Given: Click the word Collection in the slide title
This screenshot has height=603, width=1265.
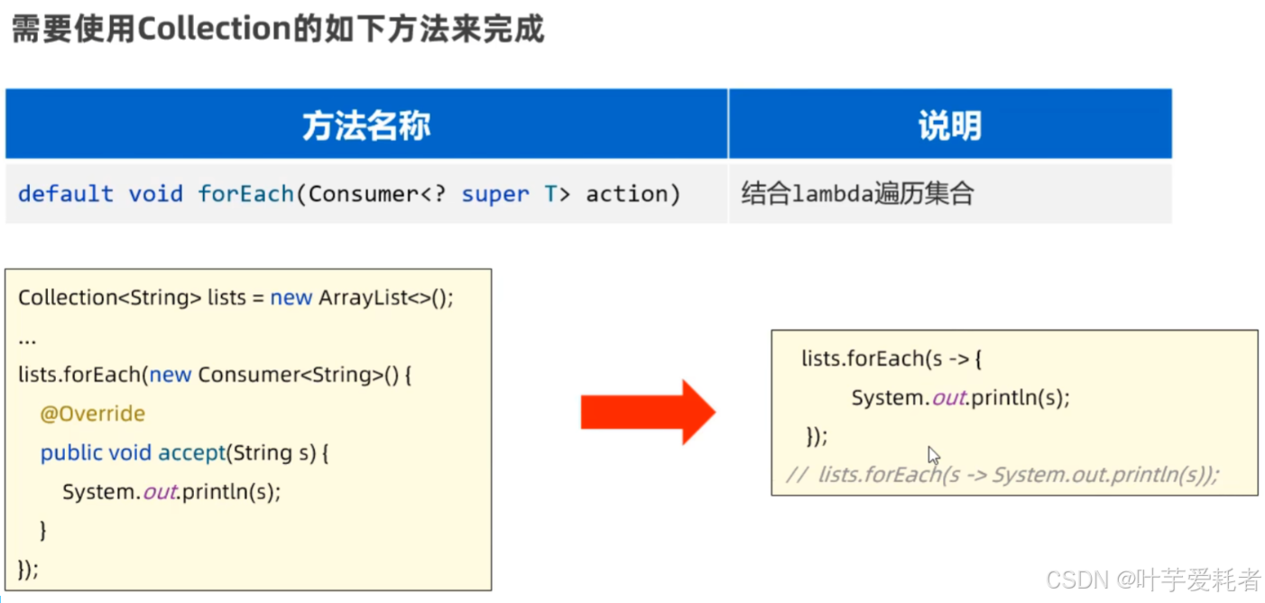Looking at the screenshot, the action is (x=215, y=28).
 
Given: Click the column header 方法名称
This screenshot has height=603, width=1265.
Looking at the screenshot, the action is (x=366, y=125).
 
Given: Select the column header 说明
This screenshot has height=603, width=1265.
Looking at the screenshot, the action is (x=950, y=125).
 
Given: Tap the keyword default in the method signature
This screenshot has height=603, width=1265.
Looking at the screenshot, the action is (x=66, y=194).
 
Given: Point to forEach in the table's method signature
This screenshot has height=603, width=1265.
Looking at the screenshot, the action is (x=245, y=194).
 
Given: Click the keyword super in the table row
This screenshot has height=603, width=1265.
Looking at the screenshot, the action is (x=495, y=194).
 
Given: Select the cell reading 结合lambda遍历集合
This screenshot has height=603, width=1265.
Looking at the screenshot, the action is (x=857, y=193).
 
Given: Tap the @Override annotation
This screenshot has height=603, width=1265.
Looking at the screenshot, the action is (x=93, y=413).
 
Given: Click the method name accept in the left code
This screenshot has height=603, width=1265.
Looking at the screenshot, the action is (x=191, y=452).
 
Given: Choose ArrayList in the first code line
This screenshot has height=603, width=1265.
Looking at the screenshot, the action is (x=363, y=297).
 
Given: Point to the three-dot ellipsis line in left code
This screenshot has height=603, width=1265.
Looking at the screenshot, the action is (x=27, y=340).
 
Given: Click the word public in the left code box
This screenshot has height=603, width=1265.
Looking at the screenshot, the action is (x=71, y=452).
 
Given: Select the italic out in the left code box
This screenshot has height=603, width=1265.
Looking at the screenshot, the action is (x=160, y=492).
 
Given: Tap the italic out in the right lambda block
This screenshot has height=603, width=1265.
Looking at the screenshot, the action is (x=949, y=398).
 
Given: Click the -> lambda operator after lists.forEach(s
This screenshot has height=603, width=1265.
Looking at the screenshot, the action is (x=959, y=359).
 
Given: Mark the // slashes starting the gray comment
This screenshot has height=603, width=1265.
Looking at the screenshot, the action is (x=797, y=474).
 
